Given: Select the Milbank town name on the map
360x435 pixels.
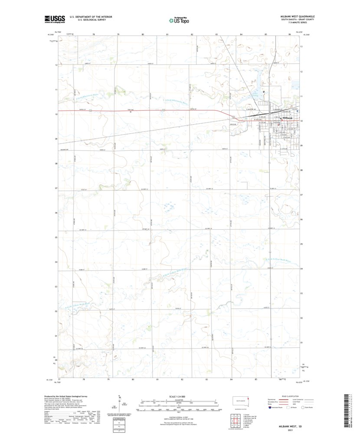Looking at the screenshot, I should click(288, 118).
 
